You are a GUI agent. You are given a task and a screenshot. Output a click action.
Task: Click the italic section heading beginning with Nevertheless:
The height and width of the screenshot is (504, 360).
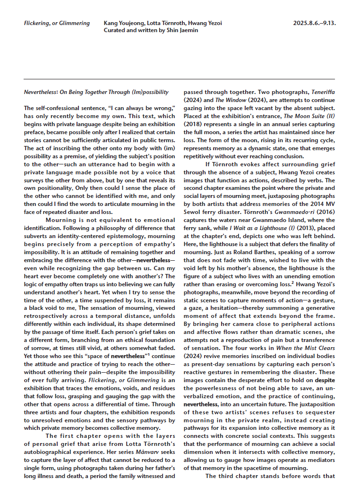pos(96,92)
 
